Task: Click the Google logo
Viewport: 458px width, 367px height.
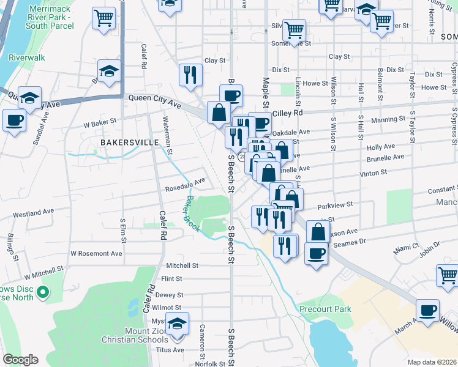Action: click(x=21, y=360)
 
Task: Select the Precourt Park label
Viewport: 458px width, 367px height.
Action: click(x=326, y=309)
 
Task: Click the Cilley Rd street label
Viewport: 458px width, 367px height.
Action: click(x=288, y=113)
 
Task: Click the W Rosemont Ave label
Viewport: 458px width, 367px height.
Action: click(x=96, y=253)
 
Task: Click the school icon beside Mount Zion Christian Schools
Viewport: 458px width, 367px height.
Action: click(x=178, y=324)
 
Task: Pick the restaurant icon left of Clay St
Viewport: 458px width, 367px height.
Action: click(x=190, y=75)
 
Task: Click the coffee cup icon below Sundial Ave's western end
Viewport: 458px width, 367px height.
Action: click(x=14, y=120)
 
